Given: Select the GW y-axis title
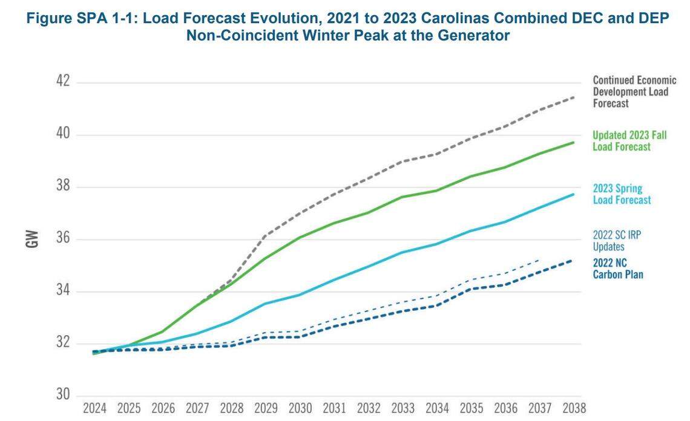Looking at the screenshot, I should (x=31, y=238).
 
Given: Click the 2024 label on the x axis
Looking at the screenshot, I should (x=95, y=408).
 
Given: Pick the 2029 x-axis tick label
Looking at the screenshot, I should (x=266, y=408).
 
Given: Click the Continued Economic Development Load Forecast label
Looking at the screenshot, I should (x=634, y=92).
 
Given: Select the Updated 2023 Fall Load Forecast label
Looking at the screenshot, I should (x=629, y=141).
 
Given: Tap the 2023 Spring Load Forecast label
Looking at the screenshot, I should (x=622, y=194).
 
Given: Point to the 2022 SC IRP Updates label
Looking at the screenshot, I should (x=617, y=240).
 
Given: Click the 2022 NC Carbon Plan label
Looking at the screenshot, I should (x=618, y=269).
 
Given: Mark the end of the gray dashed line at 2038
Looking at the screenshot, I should (x=573, y=97).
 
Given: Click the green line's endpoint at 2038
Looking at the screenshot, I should (x=573, y=142).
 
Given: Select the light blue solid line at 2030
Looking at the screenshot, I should (x=300, y=295).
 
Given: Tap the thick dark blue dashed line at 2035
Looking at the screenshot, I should (x=470, y=289).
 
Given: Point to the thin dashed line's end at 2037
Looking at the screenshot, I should (x=539, y=259).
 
